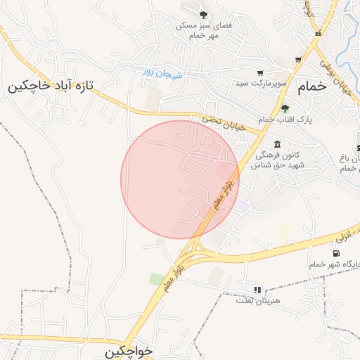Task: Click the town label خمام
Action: click(313, 86)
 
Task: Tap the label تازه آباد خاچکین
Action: click(51, 86)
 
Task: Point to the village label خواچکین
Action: click(130, 352)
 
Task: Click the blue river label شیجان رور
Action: click(162, 72)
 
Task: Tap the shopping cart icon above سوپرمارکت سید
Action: click(260, 73)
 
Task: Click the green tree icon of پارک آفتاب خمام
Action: click(285, 109)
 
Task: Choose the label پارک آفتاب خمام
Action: click(285, 120)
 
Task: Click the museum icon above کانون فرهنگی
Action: click(278, 143)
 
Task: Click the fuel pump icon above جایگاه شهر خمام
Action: click(335, 253)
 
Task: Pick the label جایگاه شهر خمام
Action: click(334, 264)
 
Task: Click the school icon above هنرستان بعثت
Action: click(257, 289)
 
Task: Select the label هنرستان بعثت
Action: click(257, 300)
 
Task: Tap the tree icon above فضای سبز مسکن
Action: click(203, 15)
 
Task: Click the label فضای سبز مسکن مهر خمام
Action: click(205, 30)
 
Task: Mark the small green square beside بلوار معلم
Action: click(156, 279)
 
